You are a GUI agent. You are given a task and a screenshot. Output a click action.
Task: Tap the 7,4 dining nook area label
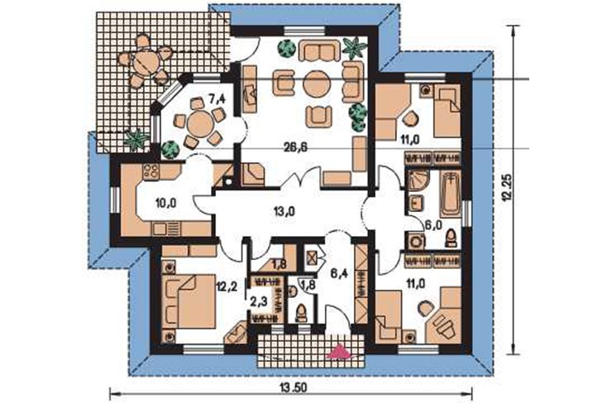click(x=218, y=99)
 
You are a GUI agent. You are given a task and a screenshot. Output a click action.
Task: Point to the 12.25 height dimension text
click(x=507, y=187)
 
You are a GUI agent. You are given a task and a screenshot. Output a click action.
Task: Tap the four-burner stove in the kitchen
click(x=151, y=172)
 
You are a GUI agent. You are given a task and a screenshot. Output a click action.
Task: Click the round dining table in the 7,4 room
click(x=200, y=123)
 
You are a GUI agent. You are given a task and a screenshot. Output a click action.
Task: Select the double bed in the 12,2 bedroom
click(x=189, y=301)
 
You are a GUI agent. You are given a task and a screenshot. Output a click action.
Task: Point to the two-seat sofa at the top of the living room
click(x=319, y=51)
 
